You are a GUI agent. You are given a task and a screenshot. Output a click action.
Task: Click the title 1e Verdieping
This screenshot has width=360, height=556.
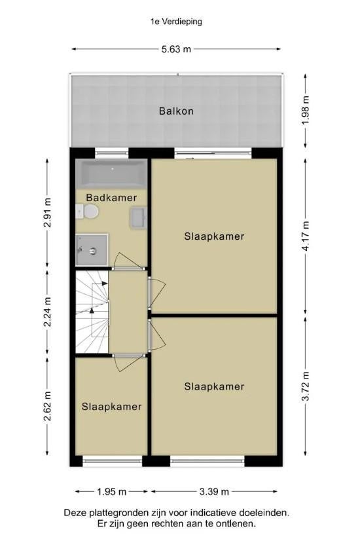(x=176, y=22)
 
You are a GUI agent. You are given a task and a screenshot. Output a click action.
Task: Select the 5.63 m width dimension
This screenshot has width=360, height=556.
(x=176, y=49)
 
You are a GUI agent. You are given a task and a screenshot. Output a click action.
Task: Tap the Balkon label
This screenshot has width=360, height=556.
(x=176, y=111)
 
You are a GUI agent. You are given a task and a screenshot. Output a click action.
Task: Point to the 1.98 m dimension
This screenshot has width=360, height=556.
(x=306, y=109)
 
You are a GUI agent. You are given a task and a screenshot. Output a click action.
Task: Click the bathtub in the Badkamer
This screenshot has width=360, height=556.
(x=111, y=174)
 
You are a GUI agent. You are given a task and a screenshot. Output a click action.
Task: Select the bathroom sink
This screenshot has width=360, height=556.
(x=138, y=217)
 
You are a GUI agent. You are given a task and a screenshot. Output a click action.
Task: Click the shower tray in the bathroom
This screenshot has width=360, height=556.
(x=92, y=250)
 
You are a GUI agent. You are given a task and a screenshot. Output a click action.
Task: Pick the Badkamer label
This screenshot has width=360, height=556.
(x=111, y=198)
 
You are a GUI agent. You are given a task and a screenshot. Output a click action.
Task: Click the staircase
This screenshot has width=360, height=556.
(x=92, y=312)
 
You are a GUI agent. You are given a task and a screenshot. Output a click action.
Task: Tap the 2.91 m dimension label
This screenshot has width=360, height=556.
(x=48, y=212)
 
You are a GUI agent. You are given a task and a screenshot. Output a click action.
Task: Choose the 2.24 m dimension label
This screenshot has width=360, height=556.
(x=48, y=312)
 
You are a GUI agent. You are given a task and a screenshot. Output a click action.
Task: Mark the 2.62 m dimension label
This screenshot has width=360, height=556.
(x=48, y=406)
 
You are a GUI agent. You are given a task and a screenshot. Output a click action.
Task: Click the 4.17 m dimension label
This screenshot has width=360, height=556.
(x=306, y=236)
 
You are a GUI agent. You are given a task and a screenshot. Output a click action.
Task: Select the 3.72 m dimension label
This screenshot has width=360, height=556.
(x=306, y=386)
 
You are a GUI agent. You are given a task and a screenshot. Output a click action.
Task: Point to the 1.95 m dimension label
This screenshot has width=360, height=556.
(x=112, y=491)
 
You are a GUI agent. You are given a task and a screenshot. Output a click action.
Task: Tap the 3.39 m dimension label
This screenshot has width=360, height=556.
(x=214, y=491)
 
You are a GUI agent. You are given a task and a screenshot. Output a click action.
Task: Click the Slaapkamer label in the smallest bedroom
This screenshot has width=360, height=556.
(x=112, y=407)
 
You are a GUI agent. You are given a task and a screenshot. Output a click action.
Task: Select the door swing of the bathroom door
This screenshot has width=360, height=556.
(x=130, y=259)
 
